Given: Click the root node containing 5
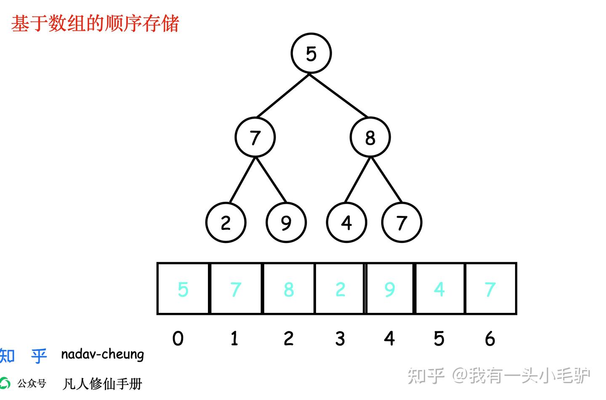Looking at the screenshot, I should pos(311,53).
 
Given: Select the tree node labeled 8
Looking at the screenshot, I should pos(370,137).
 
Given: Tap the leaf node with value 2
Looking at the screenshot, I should pos(226,222).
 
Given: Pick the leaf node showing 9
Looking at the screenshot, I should pos(286,222).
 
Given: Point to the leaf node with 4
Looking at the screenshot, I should pos(346,222).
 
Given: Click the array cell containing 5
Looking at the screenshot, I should pos(183,289).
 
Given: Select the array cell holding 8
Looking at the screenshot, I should pos(288,289).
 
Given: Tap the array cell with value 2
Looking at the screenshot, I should pos(340,289).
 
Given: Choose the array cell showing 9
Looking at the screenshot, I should pos(390,289).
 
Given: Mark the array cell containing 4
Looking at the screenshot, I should pos(439,289).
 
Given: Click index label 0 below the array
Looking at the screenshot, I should pos(178,339).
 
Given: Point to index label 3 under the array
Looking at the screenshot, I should pos(340,339).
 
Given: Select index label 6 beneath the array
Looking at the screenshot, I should pos(489,339).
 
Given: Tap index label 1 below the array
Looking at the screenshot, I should pos(234,339).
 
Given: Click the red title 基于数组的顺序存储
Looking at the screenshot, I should pos(95,24).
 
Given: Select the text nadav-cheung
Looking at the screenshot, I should pos(102,355).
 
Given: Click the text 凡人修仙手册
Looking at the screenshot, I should pos(102,384).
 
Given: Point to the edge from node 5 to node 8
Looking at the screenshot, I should pos(339,96).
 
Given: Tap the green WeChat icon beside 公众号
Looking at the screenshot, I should pos(5,383).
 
